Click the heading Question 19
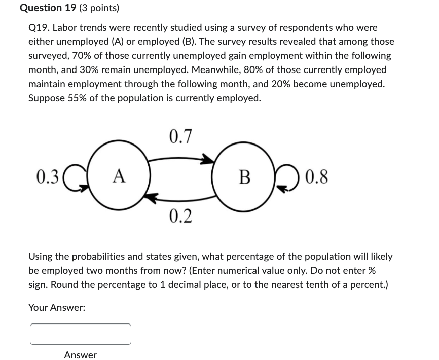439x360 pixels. pos(48,8)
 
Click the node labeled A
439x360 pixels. pos(119,175)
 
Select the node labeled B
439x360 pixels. pos(244,175)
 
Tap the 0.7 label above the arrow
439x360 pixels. pos(180,136)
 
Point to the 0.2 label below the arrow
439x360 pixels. pos(180,216)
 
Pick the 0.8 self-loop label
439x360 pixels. pos(317,176)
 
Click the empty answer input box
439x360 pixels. pos(80,334)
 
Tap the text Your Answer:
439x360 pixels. pos(57,307)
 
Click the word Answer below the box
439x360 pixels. pos(80,355)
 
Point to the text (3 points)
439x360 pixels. pos(99,8)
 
